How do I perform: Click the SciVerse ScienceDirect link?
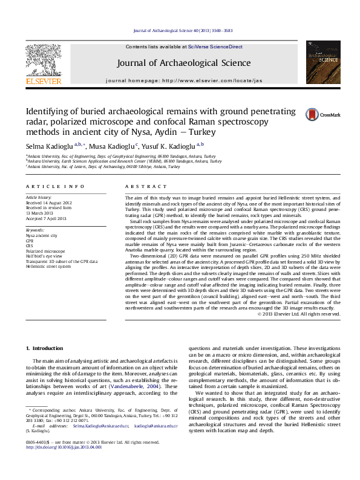215,47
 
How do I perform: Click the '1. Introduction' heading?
47,349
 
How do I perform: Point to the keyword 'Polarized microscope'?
45,250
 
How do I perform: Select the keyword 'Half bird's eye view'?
44,255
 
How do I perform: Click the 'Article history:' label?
39,198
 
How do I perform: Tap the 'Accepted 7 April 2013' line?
46,217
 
